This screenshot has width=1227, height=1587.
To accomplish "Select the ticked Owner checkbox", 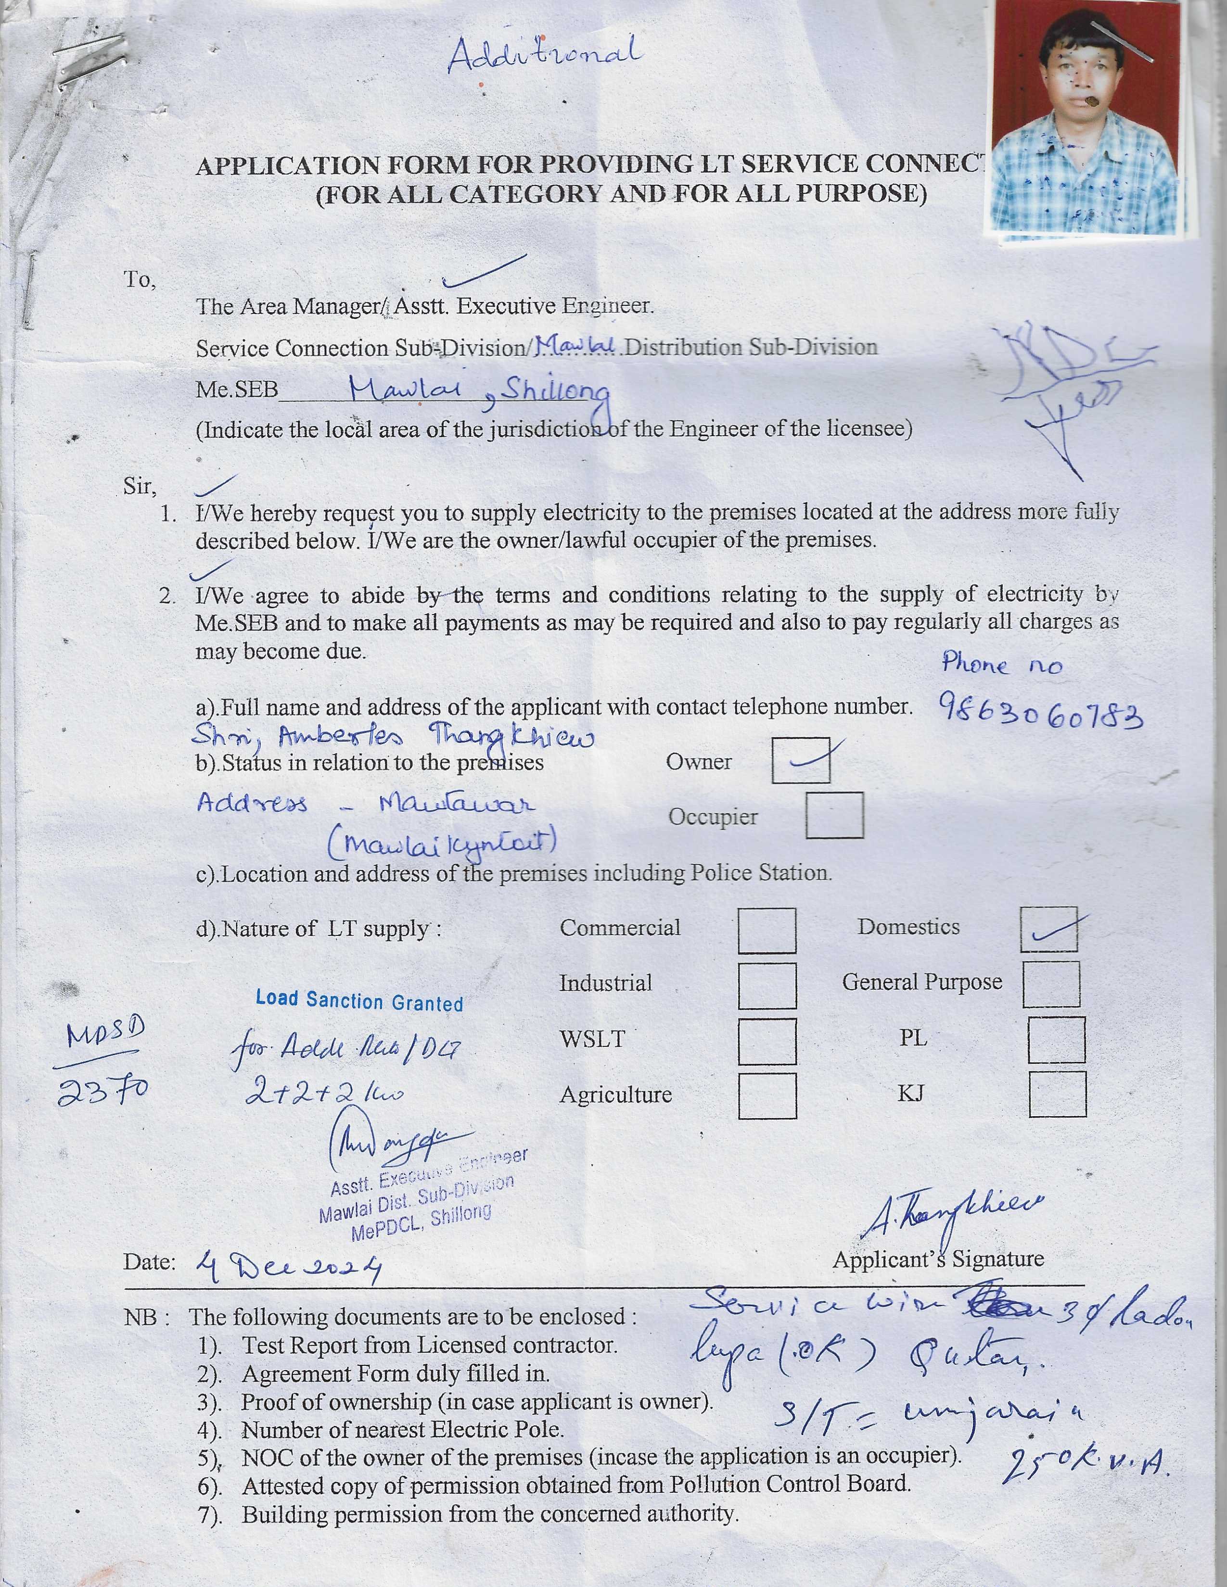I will coord(800,760).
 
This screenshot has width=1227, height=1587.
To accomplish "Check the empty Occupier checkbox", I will coord(834,815).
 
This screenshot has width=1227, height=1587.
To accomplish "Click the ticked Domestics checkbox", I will coord(1048,929).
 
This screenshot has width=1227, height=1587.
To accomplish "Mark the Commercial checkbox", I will coord(767,930).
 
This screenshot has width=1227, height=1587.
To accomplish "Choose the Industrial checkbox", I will coord(767,986).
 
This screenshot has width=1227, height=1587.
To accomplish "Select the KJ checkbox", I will coord(1057,1094).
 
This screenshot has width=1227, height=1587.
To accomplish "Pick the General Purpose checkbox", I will coord(1050,984).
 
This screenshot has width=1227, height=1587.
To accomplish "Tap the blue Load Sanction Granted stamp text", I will coord(359,1001).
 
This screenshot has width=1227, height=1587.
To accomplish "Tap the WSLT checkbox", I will coord(767,1041).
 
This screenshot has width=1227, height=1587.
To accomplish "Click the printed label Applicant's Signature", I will coord(938,1259).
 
